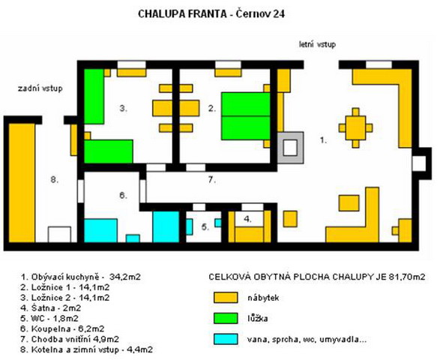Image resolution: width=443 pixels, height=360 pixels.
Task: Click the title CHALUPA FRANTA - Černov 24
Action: pyautogui.click(x=211, y=13)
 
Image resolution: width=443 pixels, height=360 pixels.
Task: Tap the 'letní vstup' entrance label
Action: pyautogui.click(x=317, y=44)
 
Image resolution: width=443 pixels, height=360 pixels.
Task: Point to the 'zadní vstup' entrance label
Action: pyautogui.click(x=40, y=88)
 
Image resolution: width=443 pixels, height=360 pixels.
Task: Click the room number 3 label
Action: pyautogui.click(x=123, y=108)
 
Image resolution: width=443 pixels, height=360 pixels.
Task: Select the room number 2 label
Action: pyautogui.click(x=212, y=108)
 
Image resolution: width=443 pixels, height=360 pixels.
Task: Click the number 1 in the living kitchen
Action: pyautogui.click(x=323, y=140)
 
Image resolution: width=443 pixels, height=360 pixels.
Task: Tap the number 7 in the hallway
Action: pyautogui.click(x=212, y=180)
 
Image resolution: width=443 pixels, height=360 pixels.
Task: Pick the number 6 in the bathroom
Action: pyautogui.click(x=123, y=195)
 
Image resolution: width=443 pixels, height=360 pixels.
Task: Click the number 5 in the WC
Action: pyautogui.click(x=205, y=227)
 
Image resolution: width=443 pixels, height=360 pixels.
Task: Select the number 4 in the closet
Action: pyautogui.click(x=247, y=219)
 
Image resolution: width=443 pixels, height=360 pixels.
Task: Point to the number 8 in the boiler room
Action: pyautogui.click(x=54, y=179)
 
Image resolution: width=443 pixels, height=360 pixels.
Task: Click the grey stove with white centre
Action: pyautogui.click(x=290, y=148)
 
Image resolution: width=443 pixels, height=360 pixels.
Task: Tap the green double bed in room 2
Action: pyautogui.click(x=246, y=116)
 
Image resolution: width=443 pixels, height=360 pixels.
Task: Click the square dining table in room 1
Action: pyautogui.click(x=356, y=128)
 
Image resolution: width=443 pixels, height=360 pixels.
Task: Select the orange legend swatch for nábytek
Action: pyautogui.click(x=226, y=298)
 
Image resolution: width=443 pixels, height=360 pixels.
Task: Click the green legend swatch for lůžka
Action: pyautogui.click(x=226, y=319)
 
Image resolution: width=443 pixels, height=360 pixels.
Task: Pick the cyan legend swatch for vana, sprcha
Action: pyautogui.click(x=226, y=339)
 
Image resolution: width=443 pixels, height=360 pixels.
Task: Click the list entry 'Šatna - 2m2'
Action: pyautogui.click(x=50, y=308)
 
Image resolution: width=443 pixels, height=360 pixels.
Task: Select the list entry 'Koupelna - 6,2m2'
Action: pyautogui.click(x=62, y=329)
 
